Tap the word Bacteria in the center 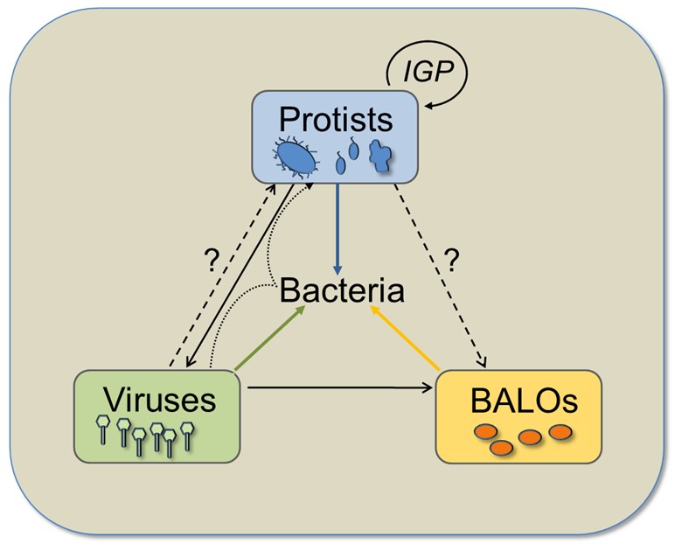coord(342,289)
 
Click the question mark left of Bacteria coord(210,260)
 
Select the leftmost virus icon coord(103,428)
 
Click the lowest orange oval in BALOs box coord(501,448)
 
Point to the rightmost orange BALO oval coord(560,431)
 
